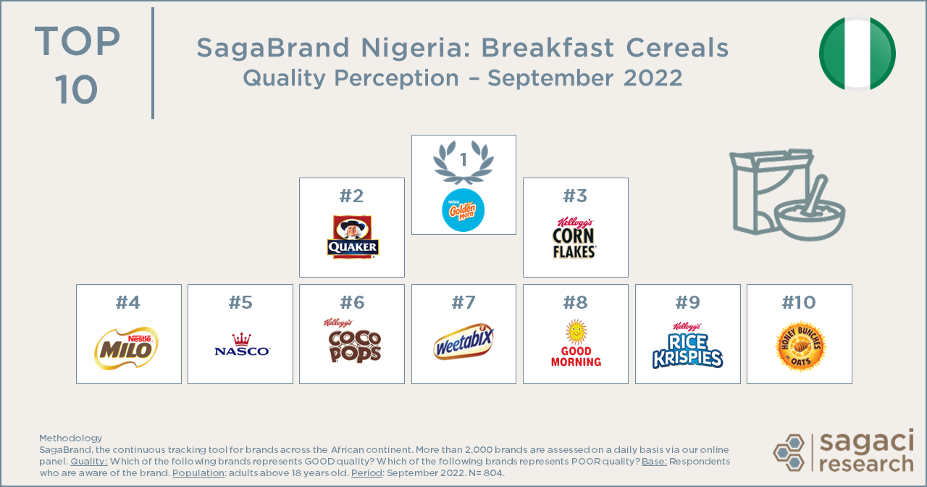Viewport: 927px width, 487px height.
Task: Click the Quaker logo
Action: click(352, 237)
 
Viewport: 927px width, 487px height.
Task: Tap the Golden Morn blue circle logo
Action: click(463, 210)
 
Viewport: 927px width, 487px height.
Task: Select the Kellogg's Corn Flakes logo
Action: click(575, 238)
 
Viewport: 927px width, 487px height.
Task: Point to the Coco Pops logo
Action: click(353, 342)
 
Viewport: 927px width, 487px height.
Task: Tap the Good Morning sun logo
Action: click(576, 343)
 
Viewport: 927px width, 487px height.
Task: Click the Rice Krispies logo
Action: click(687, 346)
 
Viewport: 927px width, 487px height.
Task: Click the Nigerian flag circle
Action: click(857, 54)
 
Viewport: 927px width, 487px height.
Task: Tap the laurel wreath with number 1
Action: click(463, 161)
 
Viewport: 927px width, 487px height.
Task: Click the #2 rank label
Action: click(352, 196)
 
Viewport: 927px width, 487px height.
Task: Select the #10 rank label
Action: click(800, 302)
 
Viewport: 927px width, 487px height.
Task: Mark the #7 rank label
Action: click(463, 302)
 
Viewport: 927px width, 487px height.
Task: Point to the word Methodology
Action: click(70, 438)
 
